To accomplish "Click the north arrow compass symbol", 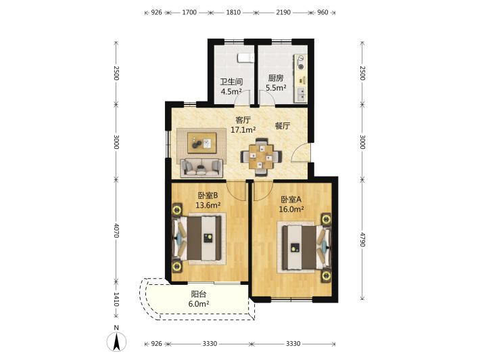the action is (x=116, y=340).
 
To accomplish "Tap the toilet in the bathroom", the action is (x=245, y=58).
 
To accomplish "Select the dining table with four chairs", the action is (x=261, y=157).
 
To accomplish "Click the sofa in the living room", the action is (x=201, y=168).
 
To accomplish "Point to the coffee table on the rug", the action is (x=201, y=143).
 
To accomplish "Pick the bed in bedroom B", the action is (x=197, y=238).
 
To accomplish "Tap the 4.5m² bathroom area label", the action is (x=231, y=91).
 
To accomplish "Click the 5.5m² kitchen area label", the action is (x=276, y=87).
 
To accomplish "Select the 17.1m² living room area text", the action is (x=243, y=130).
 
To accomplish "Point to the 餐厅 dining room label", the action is (x=282, y=126).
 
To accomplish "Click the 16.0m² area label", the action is (x=291, y=209).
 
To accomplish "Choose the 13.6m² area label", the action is (x=208, y=205).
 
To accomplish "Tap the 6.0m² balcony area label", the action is (x=199, y=304).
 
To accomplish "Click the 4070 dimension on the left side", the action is (x=116, y=230).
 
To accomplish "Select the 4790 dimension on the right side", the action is (x=362, y=240).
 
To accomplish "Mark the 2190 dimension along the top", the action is (x=283, y=13).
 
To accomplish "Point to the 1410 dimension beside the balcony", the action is (x=116, y=299).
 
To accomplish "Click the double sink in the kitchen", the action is (x=302, y=94).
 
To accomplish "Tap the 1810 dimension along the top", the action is (x=233, y=13).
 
